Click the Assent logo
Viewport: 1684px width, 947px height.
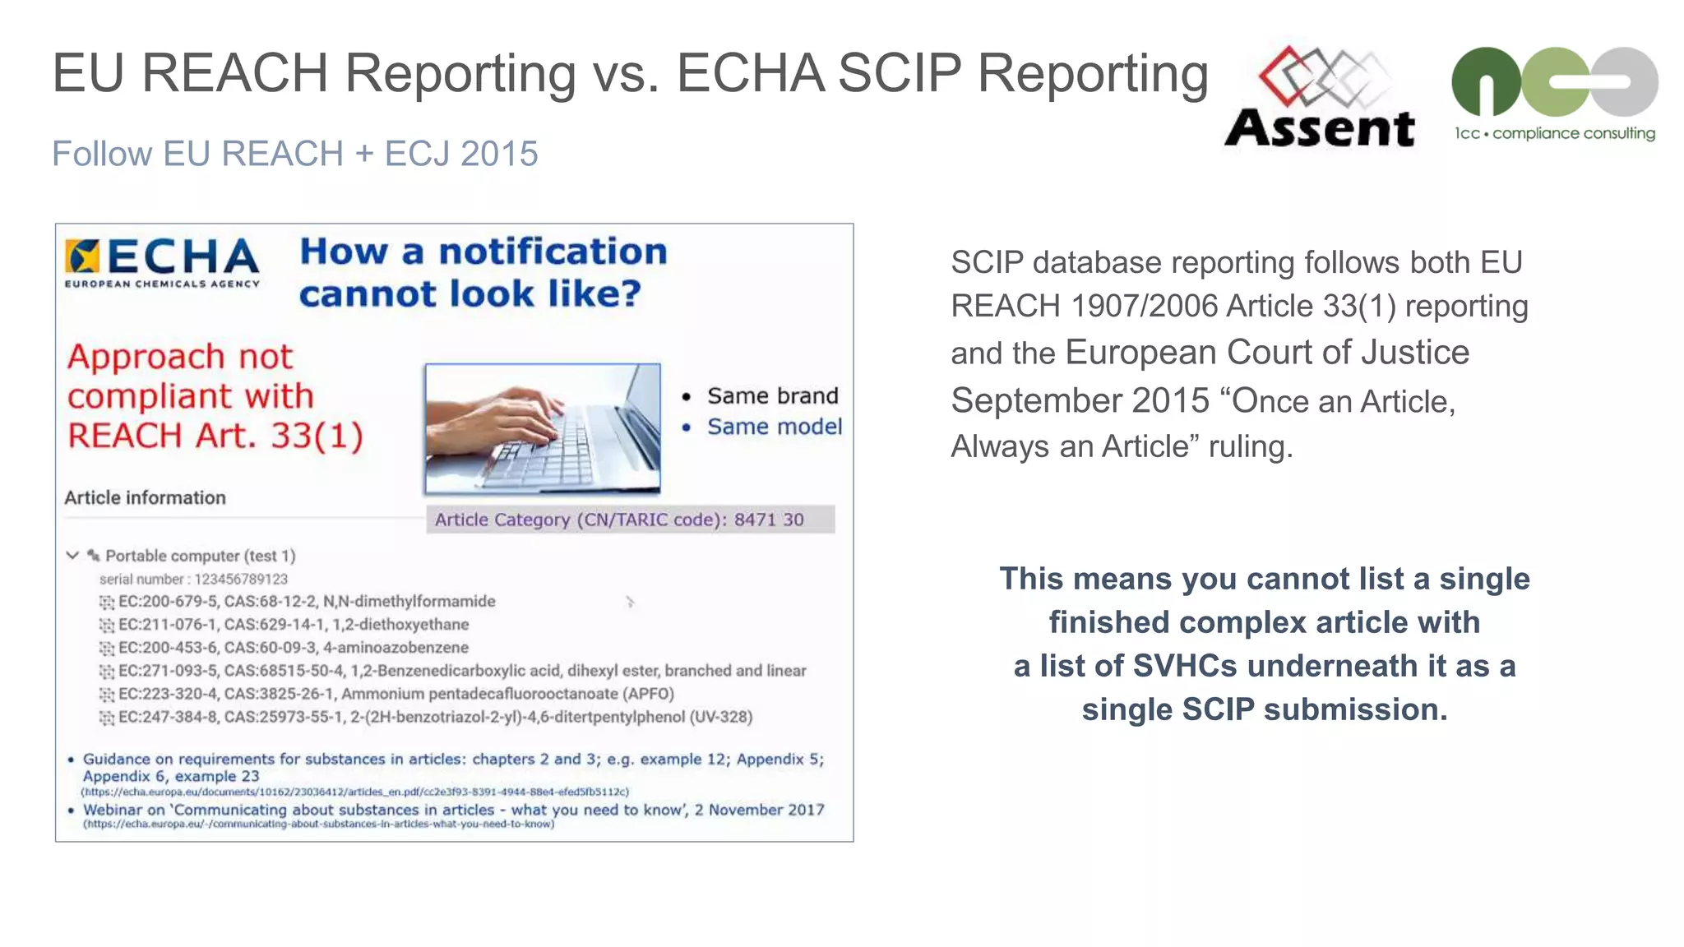(1320, 99)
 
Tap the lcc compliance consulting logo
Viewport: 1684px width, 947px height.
(1554, 94)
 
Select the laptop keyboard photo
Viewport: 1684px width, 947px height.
(543, 428)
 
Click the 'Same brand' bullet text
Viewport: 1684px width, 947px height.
(772, 396)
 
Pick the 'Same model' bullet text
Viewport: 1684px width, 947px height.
(774, 427)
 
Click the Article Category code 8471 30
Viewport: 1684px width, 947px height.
(769, 520)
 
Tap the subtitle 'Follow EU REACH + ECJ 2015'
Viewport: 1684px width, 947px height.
(294, 154)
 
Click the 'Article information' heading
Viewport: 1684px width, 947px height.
(145, 497)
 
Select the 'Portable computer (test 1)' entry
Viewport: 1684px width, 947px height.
(200, 556)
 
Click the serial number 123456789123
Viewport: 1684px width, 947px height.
(240, 579)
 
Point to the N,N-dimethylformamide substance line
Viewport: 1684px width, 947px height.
(306, 602)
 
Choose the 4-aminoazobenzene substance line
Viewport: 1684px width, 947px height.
(293, 648)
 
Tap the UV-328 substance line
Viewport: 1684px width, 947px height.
(435, 717)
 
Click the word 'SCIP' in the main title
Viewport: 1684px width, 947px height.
(900, 73)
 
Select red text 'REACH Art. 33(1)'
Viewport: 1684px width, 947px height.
(215, 436)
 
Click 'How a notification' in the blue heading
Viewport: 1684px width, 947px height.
(483, 252)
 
